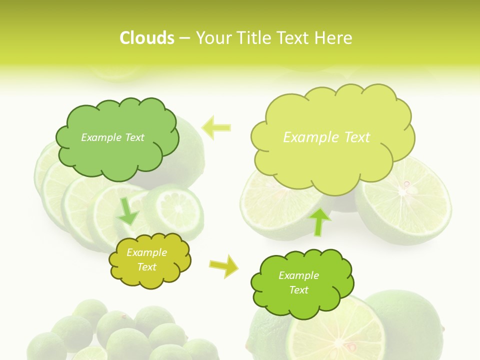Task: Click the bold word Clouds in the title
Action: [x=146, y=38]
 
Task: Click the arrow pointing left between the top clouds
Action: [x=216, y=127]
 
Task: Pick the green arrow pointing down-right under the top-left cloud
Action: [x=128, y=212]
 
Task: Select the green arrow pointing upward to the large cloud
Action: [x=320, y=221]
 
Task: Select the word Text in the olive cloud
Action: [x=146, y=267]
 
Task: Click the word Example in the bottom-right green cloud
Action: [x=298, y=275]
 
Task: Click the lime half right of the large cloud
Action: [x=405, y=200]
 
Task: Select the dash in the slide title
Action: [x=184, y=38]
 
